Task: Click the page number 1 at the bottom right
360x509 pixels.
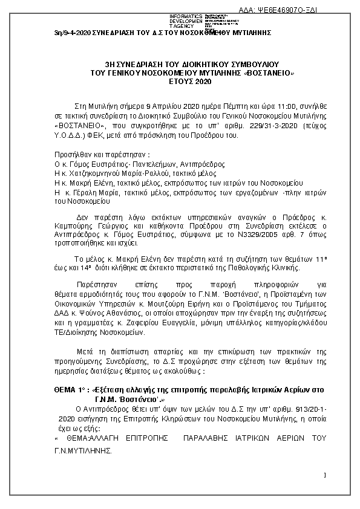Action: [x=325, y=475]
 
